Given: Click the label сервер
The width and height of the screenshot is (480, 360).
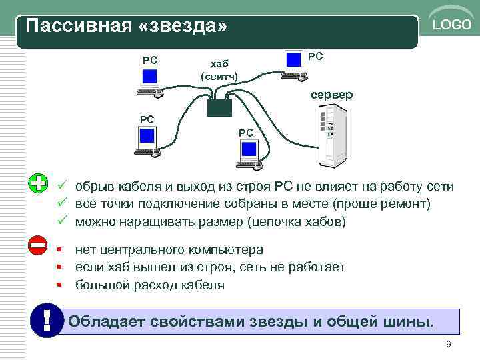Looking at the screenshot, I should click(331, 95).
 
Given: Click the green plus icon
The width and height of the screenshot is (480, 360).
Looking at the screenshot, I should click(39, 183).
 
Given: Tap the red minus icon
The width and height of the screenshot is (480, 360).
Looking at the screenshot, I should click(39, 245).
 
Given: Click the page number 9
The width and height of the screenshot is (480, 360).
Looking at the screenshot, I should click(448, 344).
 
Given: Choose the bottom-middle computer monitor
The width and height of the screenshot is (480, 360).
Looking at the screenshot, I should click(248, 150).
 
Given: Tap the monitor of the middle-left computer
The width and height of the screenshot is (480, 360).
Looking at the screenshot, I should click(147, 137).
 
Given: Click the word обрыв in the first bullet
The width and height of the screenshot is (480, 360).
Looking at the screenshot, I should click(94, 187).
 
